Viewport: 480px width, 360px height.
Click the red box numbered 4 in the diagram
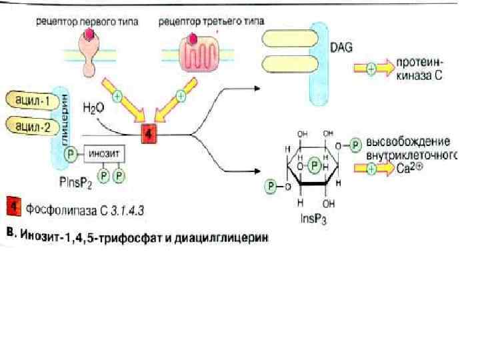coord(149,134)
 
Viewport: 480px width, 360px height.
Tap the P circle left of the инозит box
coord(71,154)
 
